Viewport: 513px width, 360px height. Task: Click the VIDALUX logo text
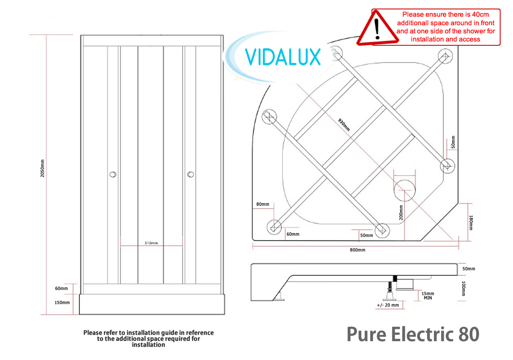coord(283,57)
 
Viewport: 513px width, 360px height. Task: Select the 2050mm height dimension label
coord(42,169)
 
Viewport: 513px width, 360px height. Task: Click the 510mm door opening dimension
coord(151,243)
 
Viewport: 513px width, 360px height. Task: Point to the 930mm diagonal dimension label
coord(344,124)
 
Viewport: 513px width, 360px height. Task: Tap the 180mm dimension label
coord(471,222)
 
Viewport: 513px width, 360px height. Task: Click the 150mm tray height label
coord(62,302)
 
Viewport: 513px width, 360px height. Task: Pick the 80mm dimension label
coord(262,204)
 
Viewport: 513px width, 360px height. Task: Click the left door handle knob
coord(112,174)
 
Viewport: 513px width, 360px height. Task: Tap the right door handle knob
coord(190,174)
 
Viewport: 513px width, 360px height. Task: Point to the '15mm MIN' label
coord(427,295)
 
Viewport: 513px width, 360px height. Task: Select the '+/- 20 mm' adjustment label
coord(388,305)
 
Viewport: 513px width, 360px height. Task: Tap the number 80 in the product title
coord(469,334)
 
